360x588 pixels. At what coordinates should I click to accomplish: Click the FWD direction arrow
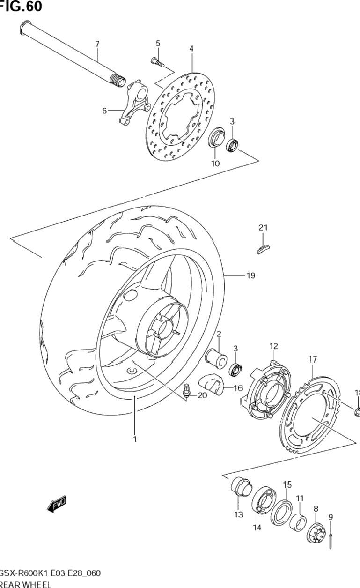57,504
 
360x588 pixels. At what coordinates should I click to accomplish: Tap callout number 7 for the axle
97,44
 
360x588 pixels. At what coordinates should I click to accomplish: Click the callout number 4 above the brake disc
191,48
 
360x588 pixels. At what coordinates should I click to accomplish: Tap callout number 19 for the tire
250,275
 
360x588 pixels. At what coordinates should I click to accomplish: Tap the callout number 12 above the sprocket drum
274,346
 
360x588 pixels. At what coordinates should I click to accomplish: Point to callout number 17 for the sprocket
313,359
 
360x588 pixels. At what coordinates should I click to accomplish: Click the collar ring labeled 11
297,521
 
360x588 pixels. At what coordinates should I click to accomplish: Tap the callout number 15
287,484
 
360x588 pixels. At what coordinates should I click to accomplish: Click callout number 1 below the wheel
135,439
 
